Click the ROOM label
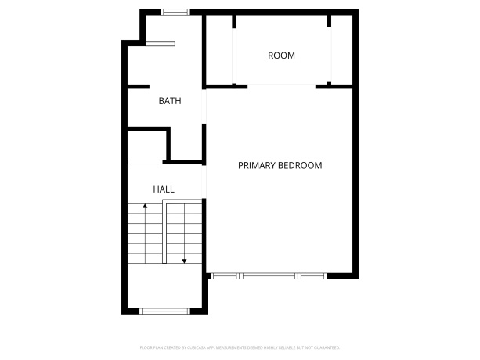click(x=281, y=56)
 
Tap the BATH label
click(x=170, y=101)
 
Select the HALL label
click(x=164, y=189)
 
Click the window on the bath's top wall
click(x=175, y=12)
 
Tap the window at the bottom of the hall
click(x=164, y=311)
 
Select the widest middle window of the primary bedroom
click(x=269, y=275)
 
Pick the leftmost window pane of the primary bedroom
click(x=226, y=275)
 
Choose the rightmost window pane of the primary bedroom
click(x=312, y=275)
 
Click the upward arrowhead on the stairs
click(x=145, y=207)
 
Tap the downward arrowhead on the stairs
click(x=184, y=260)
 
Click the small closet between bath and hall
click(x=146, y=146)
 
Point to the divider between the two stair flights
click(x=164, y=232)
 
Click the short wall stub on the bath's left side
click(x=138, y=86)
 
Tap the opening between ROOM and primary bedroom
click(x=282, y=85)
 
